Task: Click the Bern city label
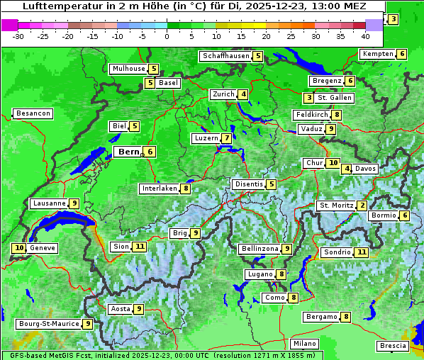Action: [128, 152]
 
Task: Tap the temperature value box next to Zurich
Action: [243, 94]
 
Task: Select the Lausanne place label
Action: [49, 203]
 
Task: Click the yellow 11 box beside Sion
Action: [140, 247]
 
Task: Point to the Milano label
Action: [305, 344]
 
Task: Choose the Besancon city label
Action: [33, 113]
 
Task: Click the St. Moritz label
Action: [336, 206]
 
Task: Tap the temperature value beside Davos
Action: [347, 169]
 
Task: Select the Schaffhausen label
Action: [225, 56]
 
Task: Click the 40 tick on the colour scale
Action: [365, 36]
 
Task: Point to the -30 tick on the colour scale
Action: [18, 36]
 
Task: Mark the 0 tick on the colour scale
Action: [167, 36]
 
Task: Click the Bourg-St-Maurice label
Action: [48, 324]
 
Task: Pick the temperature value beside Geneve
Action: [19, 248]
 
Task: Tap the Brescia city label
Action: [393, 346]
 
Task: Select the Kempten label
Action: [377, 54]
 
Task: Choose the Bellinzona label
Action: [260, 249]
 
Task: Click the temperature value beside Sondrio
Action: [362, 252]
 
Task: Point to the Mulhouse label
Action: [128, 69]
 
